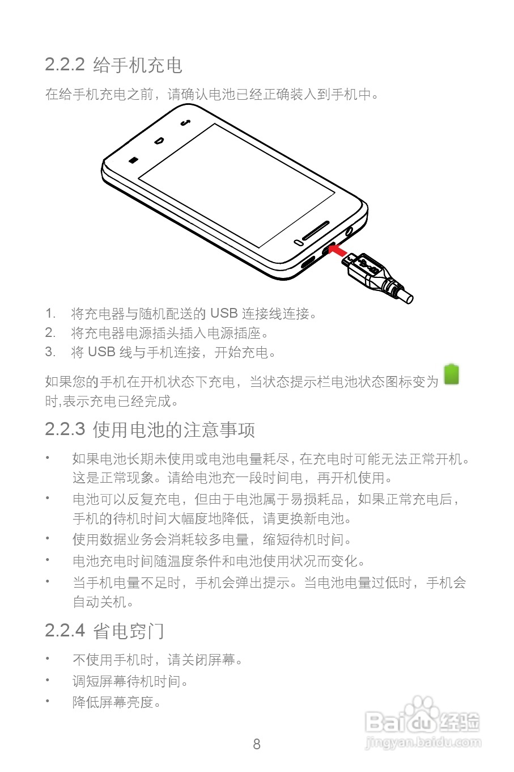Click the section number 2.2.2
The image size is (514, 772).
tap(65, 65)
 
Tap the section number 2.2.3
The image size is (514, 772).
tap(65, 429)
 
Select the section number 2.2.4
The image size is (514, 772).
tap(65, 630)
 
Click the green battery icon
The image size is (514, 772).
tap(451, 375)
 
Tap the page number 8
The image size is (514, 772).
tap(257, 744)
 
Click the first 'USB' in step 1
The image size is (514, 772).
tap(223, 313)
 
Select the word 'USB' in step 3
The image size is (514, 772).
tap(101, 352)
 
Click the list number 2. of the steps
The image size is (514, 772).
tap(50, 333)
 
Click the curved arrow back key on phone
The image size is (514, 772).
tap(184, 122)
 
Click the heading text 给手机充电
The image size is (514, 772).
tap(137, 65)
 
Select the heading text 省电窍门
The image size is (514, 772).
tap(128, 630)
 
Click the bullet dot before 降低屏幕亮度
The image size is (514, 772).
tap(48, 701)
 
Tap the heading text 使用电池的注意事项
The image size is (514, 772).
tap(173, 429)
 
